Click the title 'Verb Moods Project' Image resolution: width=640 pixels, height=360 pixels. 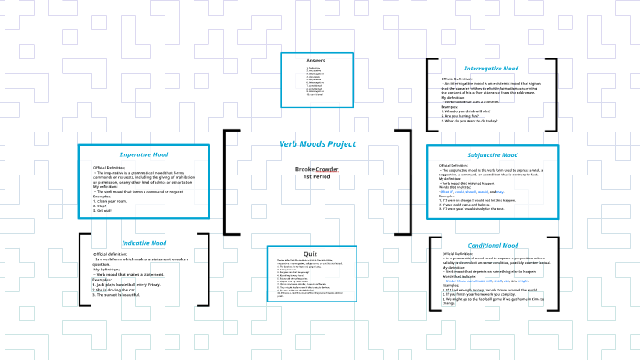pos(317,144)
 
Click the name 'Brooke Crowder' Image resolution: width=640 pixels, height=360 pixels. pos(317,169)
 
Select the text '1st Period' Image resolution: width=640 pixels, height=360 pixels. pos(317,176)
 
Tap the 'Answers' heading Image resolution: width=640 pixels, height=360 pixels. pos(316,60)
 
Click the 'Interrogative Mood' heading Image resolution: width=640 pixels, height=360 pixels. pos(491,69)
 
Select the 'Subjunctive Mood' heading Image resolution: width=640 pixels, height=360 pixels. pos(492,155)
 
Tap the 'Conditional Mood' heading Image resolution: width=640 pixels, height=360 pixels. pos(493,245)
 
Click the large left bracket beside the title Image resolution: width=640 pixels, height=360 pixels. pos(229,182)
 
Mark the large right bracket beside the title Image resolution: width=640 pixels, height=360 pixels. pos(405,182)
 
